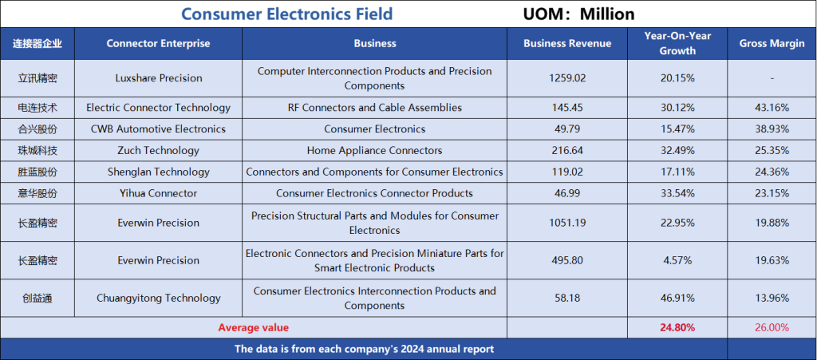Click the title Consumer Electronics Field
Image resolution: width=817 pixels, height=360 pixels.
[x=287, y=14]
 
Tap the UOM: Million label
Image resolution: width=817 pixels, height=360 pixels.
[x=579, y=14]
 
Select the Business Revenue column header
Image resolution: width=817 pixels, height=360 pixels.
[x=567, y=43]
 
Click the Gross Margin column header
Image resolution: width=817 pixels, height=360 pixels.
[x=772, y=43]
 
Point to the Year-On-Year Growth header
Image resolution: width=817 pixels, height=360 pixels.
[x=677, y=43]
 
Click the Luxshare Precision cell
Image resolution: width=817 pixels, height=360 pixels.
[x=159, y=78]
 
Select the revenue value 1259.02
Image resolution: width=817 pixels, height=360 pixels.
[x=567, y=78]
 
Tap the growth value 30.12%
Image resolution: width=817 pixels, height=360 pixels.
[x=677, y=108]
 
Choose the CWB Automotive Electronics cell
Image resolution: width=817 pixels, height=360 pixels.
[x=159, y=129]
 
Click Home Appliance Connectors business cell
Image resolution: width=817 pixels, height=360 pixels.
[x=375, y=151]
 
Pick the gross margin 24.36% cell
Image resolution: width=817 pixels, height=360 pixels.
[x=772, y=172]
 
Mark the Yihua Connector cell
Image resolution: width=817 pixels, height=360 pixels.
[x=159, y=193]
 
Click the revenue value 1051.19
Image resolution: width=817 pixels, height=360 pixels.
[x=567, y=223]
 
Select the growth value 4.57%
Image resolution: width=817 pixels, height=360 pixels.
[x=677, y=260]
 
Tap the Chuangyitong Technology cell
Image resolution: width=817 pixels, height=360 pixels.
[x=159, y=298]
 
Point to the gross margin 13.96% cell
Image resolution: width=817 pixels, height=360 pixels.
[x=772, y=298]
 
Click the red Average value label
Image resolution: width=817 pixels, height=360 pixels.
[x=253, y=328]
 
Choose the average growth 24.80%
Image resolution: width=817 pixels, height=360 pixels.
[x=677, y=328]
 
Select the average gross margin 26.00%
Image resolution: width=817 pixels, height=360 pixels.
[x=772, y=328]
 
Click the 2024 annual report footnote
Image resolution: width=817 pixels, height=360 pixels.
[x=364, y=349]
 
